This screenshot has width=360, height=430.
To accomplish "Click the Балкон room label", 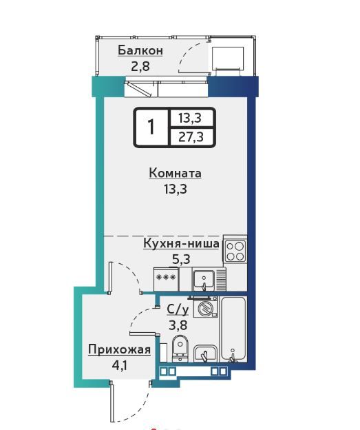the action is click(140, 50).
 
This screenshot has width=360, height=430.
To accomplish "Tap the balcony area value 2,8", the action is click(140, 66).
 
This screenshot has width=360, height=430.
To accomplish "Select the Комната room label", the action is click(176, 174).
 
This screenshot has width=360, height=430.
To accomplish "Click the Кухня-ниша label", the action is click(181, 243).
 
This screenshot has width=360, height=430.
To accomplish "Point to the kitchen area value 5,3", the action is click(181, 258).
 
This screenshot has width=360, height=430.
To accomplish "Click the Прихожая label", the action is click(120, 350).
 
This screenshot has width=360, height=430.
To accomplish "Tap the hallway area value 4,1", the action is click(119, 365).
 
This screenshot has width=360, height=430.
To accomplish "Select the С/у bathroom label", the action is click(178, 310).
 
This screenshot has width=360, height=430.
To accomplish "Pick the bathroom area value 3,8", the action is click(178, 325).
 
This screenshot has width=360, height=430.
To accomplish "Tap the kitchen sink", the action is click(204, 280).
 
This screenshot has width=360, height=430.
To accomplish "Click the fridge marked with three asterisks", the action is click(166, 279).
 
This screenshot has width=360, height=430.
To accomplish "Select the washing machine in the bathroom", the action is click(205, 307).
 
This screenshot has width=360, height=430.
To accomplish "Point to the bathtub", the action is click(234, 329).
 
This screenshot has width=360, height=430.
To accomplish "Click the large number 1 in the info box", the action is click(151, 127).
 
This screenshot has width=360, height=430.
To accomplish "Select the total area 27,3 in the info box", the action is click(191, 136).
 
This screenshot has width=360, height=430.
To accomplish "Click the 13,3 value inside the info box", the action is click(190, 118).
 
